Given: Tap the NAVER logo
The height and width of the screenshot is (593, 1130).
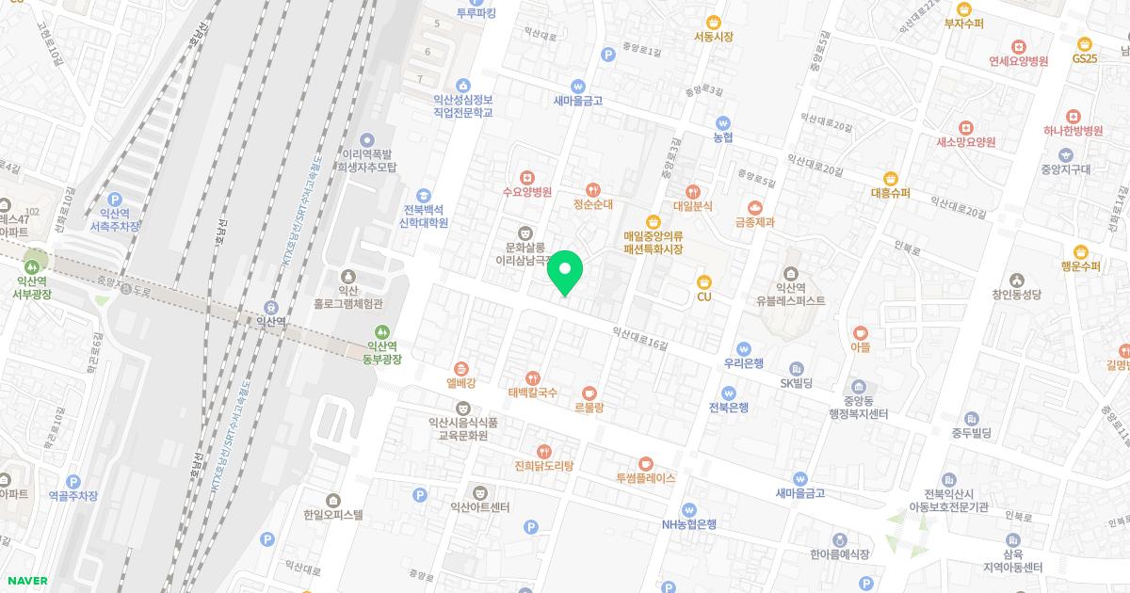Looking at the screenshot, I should (x=25, y=580).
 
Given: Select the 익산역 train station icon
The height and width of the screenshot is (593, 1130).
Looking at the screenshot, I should (x=272, y=306).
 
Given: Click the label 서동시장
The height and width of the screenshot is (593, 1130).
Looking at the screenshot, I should (x=713, y=37).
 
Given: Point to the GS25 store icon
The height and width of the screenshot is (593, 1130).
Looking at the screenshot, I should (x=1085, y=43).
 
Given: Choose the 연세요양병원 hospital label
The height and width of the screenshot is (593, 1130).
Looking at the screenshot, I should (x=1019, y=61).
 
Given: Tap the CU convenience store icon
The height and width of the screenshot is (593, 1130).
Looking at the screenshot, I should (x=703, y=281).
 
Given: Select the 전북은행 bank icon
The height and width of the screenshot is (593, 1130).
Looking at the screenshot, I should (x=729, y=393).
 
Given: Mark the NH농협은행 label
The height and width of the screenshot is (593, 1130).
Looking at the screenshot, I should (x=689, y=524).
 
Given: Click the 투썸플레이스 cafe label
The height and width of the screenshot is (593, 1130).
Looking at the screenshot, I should (x=646, y=477).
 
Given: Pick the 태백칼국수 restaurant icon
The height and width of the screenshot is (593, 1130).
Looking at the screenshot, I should (x=533, y=377).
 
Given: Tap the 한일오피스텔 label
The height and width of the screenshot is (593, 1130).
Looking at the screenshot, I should (x=332, y=515).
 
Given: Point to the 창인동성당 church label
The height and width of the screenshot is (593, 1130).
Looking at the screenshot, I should (x=1016, y=295).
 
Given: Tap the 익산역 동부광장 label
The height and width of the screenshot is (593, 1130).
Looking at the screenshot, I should (x=382, y=353).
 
